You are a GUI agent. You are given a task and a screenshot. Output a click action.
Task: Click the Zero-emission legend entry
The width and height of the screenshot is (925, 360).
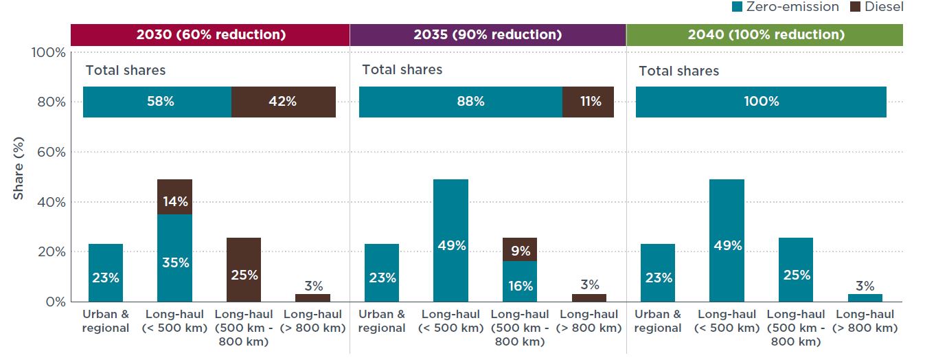click(x=786, y=7)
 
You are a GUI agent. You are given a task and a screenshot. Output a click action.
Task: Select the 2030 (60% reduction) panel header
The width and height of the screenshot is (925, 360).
click(x=210, y=35)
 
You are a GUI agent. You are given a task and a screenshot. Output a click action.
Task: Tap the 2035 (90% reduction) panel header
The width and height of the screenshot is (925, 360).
click(x=488, y=35)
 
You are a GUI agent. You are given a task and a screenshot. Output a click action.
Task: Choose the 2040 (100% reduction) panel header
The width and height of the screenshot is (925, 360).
click(x=764, y=35)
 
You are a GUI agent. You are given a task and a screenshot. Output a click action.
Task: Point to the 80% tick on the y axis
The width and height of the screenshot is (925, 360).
click(x=51, y=102)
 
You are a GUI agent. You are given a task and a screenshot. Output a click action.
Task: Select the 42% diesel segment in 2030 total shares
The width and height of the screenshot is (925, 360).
click(x=283, y=102)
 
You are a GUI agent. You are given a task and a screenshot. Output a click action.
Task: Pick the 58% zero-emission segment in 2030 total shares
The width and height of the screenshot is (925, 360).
click(x=157, y=102)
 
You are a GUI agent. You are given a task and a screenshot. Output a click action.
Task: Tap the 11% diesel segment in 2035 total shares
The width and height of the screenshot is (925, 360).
click(x=588, y=102)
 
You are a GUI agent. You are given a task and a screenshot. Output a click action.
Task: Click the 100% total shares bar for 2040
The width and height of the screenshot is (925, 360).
click(x=761, y=102)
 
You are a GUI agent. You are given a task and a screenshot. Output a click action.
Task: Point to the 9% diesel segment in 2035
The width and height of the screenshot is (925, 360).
click(x=521, y=249)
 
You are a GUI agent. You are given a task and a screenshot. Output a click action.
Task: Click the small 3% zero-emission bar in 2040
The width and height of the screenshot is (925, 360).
click(x=865, y=297)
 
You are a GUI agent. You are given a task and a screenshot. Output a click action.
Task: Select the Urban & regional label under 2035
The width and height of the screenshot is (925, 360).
click(x=382, y=321)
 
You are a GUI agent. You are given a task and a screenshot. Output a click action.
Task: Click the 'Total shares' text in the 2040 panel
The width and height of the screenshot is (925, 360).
click(x=678, y=71)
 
